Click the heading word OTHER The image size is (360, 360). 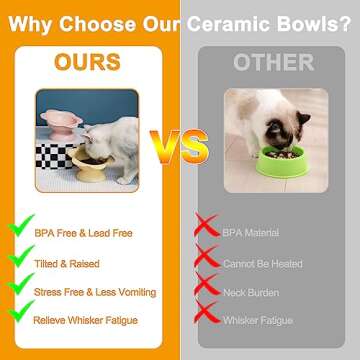tap(271, 62)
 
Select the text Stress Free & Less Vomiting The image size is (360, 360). tap(95, 292)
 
